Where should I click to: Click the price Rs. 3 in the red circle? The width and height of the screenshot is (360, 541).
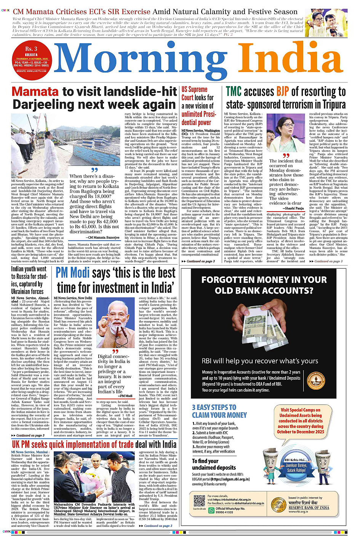pos(31,49)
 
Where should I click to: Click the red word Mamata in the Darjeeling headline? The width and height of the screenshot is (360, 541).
pos(35,92)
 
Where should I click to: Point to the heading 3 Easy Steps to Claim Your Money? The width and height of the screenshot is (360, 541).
pos(219,411)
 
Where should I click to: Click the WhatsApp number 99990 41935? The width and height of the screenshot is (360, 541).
pos(224,512)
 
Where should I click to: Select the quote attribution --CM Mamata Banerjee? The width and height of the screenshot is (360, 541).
pos(102,238)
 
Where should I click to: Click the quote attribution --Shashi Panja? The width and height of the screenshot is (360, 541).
pos(293,208)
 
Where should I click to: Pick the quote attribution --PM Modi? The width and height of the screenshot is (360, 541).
pos(125,396)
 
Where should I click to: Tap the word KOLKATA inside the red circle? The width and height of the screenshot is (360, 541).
pos(31,55)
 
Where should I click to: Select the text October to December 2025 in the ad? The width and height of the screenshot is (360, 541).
pos(301,432)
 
